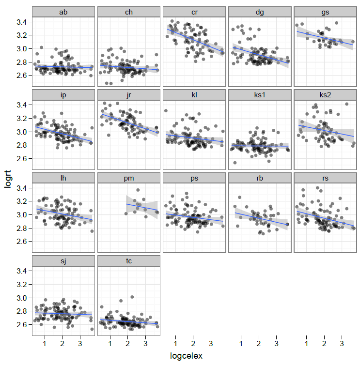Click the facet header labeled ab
(63, 12)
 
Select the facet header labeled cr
(194, 12)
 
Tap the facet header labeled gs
(324, 12)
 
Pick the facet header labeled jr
(128, 94)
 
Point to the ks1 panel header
(259, 94)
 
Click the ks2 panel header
(324, 94)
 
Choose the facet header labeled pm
(128, 178)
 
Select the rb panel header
(259, 178)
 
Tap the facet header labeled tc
(128, 261)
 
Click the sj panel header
(63, 261)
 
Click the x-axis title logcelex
(186, 356)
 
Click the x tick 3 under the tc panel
(145, 344)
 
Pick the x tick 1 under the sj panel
(45, 344)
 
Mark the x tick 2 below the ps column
(193, 344)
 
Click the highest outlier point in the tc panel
(132, 297)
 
